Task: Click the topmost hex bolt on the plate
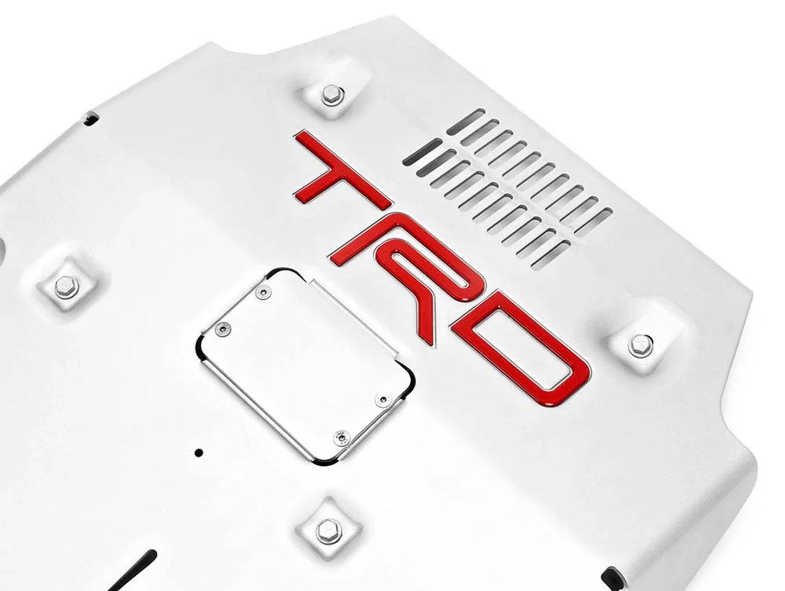[x=331, y=95]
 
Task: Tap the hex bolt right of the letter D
[x=640, y=345]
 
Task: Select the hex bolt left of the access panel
[x=66, y=286]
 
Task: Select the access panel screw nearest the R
[x=263, y=293]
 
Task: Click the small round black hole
[x=199, y=452]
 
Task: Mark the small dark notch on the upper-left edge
[x=90, y=116]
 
